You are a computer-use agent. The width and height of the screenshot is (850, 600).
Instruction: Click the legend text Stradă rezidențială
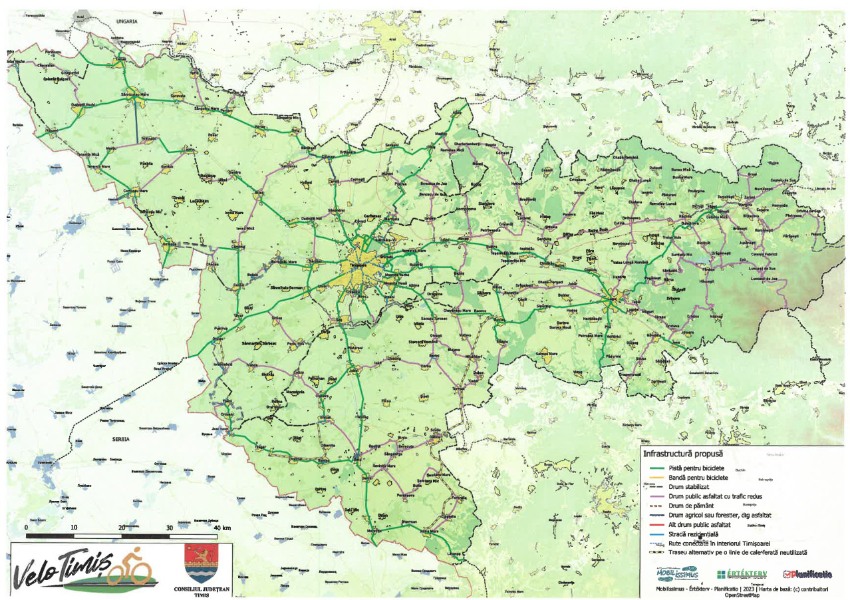pyautogui.click(x=703, y=533)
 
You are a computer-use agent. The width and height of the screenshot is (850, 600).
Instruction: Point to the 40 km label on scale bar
pyautogui.click(x=222, y=527)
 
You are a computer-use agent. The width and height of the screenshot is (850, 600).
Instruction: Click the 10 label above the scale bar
pyautogui.click(x=74, y=527)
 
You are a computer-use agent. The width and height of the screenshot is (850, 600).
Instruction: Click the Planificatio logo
pyautogui.click(x=807, y=573)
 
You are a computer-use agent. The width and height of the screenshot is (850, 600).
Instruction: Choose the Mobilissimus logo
pyautogui.click(x=676, y=573)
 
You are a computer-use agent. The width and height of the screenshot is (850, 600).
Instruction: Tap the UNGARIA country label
pyautogui.click(x=126, y=21)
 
